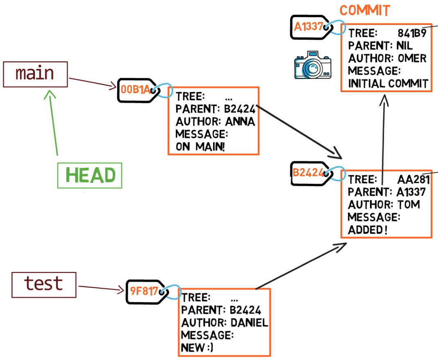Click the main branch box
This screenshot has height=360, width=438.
35,74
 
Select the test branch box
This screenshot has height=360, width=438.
44,284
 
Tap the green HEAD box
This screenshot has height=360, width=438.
90,176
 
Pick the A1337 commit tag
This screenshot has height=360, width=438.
308,27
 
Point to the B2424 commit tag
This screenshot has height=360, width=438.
308,172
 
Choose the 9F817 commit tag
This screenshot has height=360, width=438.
143,292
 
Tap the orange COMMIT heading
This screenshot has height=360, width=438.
365,11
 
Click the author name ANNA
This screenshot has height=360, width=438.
240,122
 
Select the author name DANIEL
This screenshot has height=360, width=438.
249,323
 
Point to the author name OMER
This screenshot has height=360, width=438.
412,59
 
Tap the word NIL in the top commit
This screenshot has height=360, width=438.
404,46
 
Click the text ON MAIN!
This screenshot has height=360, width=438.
200,147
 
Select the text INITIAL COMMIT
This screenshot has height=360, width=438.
388,84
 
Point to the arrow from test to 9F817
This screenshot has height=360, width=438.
101,288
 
